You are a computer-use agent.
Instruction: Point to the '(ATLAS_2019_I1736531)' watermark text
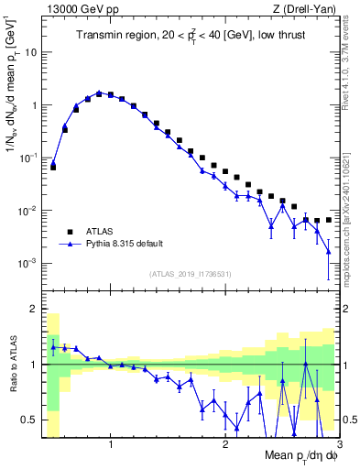pos(190,273)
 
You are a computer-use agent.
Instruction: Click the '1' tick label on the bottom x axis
pos(111,444)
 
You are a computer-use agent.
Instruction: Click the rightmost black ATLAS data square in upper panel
pos(328,220)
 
